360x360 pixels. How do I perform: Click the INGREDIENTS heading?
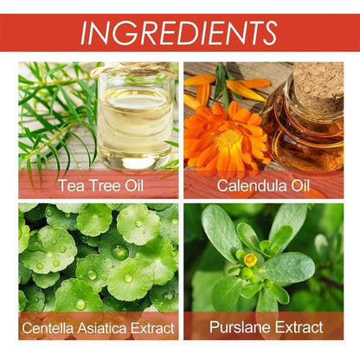(179, 33)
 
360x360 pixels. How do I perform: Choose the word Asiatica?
(100, 328)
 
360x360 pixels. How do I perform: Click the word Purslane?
(240, 327)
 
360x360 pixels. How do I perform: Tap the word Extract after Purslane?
(299, 327)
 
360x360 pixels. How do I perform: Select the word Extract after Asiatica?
(152, 328)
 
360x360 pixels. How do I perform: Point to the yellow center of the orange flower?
(228, 138)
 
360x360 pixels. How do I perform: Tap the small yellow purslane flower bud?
(250, 260)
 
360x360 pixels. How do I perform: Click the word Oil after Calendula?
(300, 185)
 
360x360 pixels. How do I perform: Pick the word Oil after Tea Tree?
(134, 185)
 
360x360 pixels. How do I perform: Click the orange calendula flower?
(227, 138)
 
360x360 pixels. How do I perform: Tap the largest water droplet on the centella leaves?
(120, 252)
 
